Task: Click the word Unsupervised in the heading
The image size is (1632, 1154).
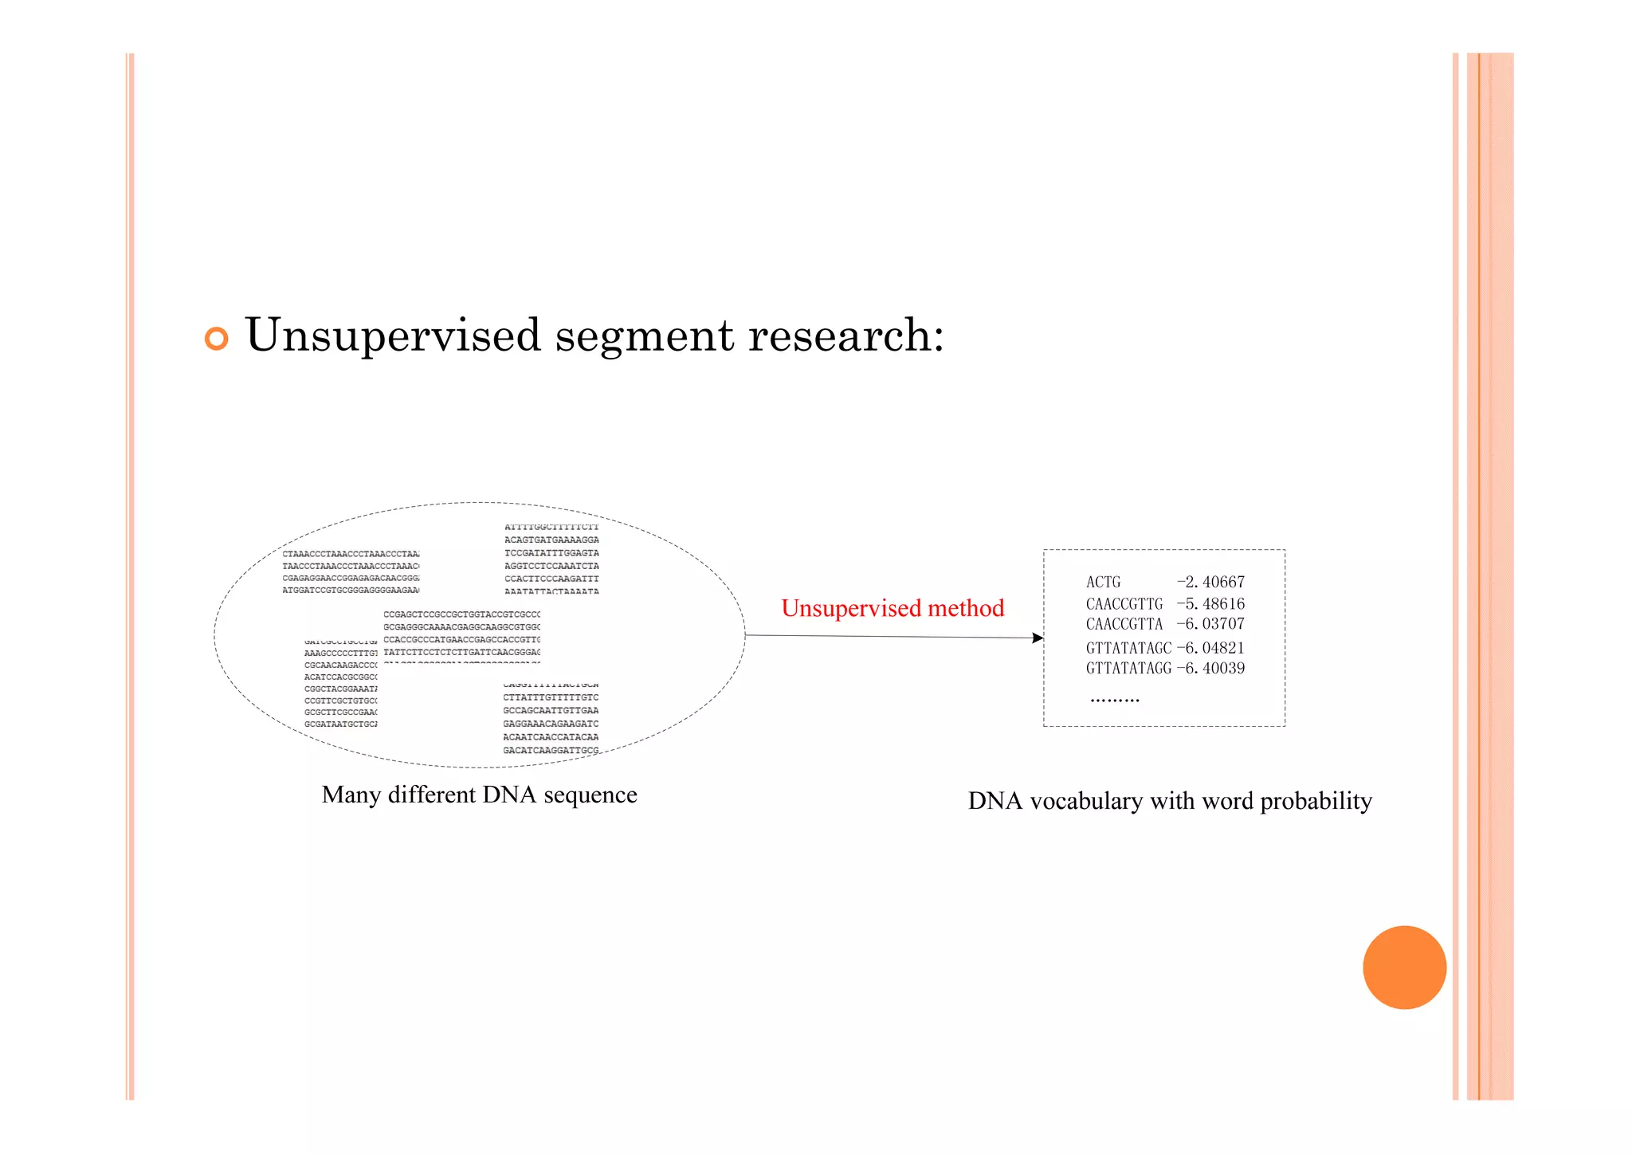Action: pos(393,336)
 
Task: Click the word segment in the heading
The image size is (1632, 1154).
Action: pos(644,336)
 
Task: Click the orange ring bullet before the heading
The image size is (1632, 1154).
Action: pos(216,339)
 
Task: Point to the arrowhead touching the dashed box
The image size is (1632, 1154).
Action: pos(1038,638)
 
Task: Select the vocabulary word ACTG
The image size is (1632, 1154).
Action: pos(1103,583)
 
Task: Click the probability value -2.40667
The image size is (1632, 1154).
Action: pos(1210,583)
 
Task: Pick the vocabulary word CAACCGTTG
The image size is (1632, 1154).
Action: pos(1124,604)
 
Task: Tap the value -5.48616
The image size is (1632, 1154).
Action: pos(1210,604)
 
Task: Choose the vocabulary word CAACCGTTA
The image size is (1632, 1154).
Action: pos(1124,624)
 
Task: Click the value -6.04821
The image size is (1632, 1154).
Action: pos(1210,648)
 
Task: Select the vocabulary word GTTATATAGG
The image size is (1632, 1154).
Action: pos(1128,669)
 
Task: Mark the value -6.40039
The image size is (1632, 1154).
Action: pos(1210,669)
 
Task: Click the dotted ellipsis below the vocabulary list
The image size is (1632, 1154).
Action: pos(1115,701)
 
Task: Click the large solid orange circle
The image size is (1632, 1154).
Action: pos(1404,967)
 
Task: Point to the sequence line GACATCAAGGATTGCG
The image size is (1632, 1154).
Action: pos(551,751)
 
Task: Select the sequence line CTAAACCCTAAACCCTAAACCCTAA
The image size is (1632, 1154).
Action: pos(351,553)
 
